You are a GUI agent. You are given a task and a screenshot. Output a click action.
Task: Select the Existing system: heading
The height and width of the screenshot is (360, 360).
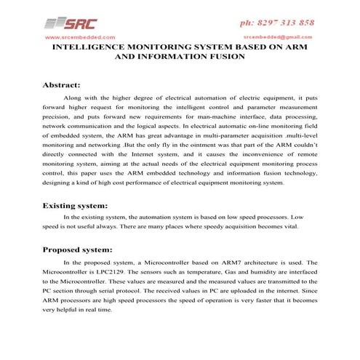[81, 206]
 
